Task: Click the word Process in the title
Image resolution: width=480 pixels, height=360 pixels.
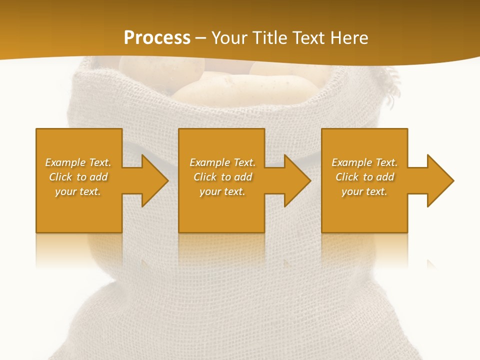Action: (x=157, y=38)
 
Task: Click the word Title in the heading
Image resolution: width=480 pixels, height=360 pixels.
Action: (x=269, y=38)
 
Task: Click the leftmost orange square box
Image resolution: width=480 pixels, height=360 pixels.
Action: (x=79, y=210)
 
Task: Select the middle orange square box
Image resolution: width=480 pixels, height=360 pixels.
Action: (x=221, y=210)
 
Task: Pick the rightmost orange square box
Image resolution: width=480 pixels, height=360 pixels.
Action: (x=364, y=210)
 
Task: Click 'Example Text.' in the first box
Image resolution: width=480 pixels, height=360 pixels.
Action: (x=78, y=162)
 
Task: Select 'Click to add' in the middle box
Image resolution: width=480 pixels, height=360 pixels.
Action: (x=222, y=177)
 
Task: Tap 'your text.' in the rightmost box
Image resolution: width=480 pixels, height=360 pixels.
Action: (x=364, y=191)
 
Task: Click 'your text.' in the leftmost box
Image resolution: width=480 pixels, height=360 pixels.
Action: (x=78, y=191)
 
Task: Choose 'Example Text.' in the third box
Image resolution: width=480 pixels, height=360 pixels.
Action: (x=364, y=162)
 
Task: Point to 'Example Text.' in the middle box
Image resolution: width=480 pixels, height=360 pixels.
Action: (x=222, y=162)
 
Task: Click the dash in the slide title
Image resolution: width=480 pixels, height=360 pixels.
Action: (x=201, y=38)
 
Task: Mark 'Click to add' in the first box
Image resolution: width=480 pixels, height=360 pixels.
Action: (x=78, y=177)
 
